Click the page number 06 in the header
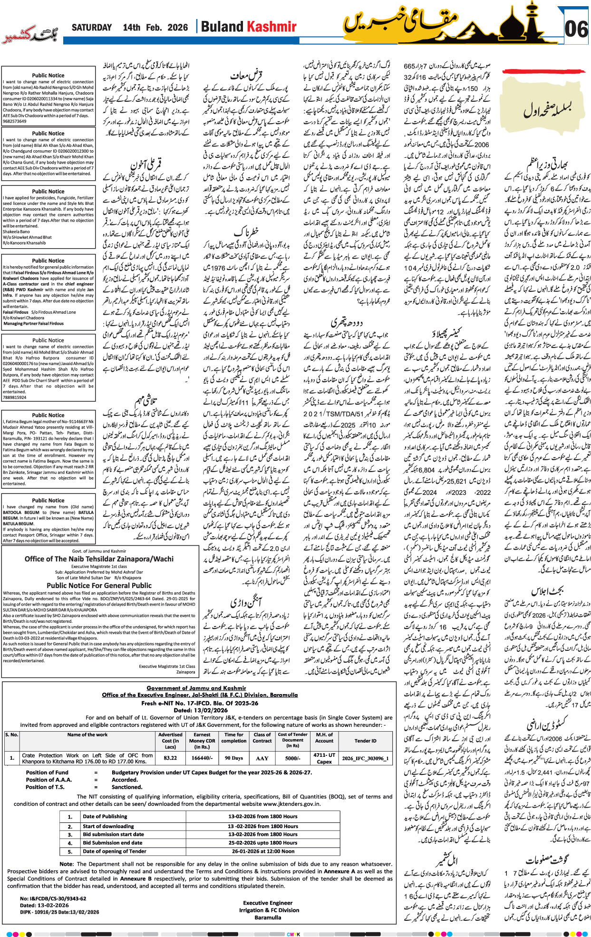click(x=576, y=29)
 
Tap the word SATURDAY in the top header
click(x=92, y=28)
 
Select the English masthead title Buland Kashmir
click(x=248, y=27)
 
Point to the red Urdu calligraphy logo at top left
click(x=29, y=36)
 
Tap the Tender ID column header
click(x=365, y=741)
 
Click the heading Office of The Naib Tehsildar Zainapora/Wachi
click(x=99, y=559)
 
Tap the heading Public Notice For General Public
click(x=99, y=586)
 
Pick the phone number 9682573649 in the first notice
click(x=15, y=121)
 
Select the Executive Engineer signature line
click(x=268, y=903)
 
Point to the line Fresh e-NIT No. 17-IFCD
click(x=200, y=703)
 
